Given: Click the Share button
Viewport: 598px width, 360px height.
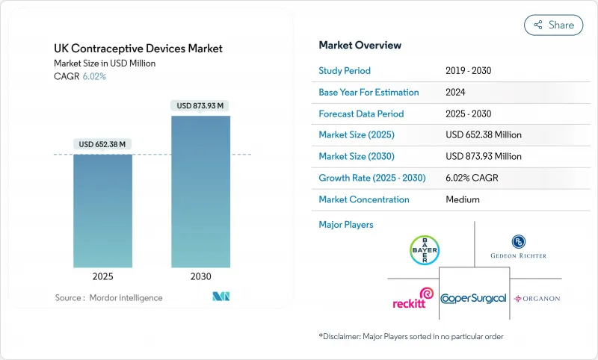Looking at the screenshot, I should pyautogui.click(x=554, y=25).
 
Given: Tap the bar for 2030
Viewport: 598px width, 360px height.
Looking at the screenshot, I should pyautogui.click(x=201, y=191).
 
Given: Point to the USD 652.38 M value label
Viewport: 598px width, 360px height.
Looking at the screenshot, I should pyautogui.click(x=102, y=144).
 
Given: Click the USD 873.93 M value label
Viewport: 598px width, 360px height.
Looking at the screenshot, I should pyautogui.click(x=201, y=106).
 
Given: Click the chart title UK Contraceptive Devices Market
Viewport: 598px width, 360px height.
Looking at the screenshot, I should pyautogui.click(x=138, y=49).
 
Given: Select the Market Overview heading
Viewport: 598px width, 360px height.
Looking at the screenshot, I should pyautogui.click(x=360, y=45).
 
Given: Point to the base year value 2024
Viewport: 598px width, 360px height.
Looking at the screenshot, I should pyautogui.click(x=457, y=93).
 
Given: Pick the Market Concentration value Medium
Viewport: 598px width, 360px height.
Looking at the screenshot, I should pyautogui.click(x=463, y=199).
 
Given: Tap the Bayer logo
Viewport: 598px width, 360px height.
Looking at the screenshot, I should pyautogui.click(x=425, y=250).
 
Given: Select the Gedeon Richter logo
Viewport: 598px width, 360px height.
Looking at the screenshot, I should pyautogui.click(x=518, y=246).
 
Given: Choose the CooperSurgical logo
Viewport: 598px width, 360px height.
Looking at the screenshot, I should pyautogui.click(x=474, y=298).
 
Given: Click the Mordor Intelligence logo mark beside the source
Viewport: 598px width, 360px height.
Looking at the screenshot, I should pyautogui.click(x=221, y=297).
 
